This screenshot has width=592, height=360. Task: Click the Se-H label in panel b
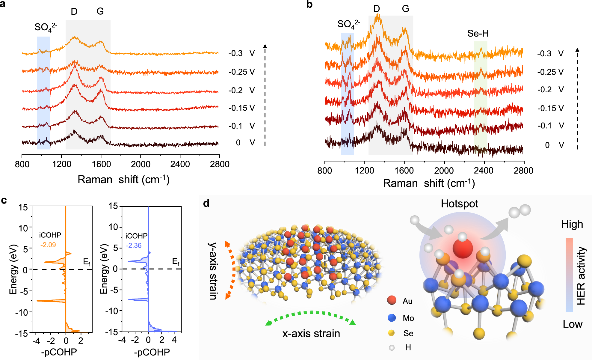point(478,34)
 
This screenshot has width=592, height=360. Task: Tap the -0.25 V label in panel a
point(241,72)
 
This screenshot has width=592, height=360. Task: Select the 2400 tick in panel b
point(484,171)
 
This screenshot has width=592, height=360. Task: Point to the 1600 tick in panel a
point(101,164)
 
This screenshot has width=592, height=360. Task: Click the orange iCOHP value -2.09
point(48,245)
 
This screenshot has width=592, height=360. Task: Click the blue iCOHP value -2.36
point(134,245)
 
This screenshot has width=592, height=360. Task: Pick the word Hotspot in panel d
point(459,204)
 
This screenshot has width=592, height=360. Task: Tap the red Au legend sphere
point(392,300)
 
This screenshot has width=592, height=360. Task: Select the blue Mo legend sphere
point(392,318)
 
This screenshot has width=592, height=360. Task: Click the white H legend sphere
point(392,348)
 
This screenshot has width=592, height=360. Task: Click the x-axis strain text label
point(311,334)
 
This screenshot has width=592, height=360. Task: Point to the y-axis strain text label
point(213,271)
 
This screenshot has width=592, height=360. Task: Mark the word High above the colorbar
point(572,224)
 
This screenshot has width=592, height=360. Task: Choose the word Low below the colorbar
point(572,324)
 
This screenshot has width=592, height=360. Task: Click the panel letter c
point(4,200)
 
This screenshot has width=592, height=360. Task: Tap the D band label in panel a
point(74,12)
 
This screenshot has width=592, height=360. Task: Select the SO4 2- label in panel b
point(348,24)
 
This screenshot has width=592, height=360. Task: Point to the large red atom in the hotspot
point(463,248)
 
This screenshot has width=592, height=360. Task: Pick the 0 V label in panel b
point(554,145)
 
